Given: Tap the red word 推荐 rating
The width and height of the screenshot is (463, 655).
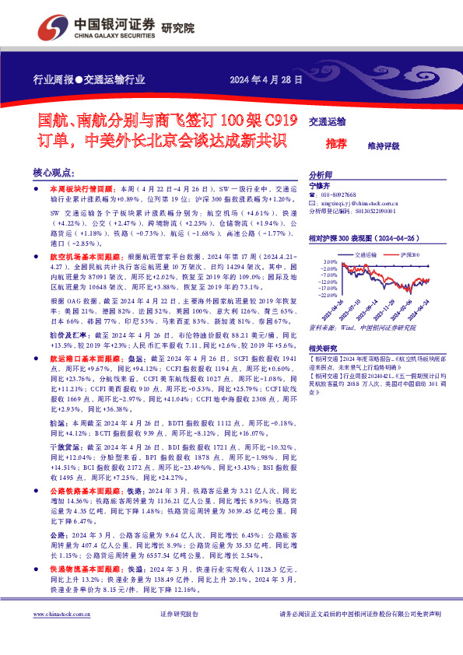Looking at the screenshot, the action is click(337, 144).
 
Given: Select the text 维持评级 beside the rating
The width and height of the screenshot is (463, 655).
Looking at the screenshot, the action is click(384, 145).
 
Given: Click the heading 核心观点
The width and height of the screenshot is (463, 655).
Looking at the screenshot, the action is click(54, 173).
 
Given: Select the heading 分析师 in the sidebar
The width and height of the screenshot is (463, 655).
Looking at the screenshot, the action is click(321, 176).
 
